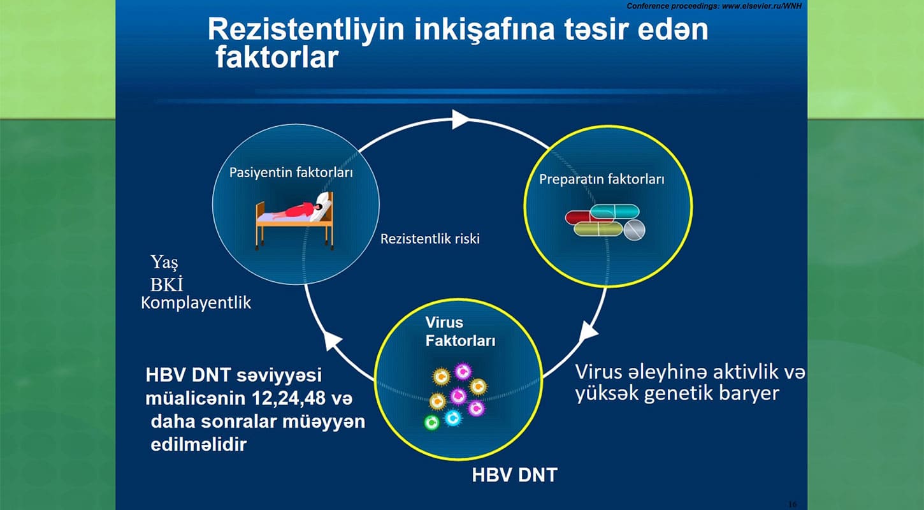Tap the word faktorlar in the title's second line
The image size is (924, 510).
[x=277, y=57]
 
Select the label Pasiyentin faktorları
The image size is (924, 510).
[x=291, y=173]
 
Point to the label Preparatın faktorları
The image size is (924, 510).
[x=602, y=180]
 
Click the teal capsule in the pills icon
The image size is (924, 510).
[x=615, y=211]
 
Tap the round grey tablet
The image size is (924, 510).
[x=634, y=230]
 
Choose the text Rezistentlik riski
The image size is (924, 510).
[x=430, y=239]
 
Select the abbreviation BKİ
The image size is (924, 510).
[x=166, y=284]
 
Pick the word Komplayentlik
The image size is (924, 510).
[x=196, y=303]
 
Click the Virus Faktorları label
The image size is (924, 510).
[x=460, y=331]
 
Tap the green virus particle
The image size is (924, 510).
[x=431, y=423]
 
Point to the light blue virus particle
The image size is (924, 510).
[x=453, y=418]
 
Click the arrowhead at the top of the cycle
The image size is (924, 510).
[x=460, y=119]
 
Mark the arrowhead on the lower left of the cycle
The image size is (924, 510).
[x=332, y=340]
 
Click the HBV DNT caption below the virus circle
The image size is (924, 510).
[x=514, y=475]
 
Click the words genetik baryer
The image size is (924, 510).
[x=712, y=393]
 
